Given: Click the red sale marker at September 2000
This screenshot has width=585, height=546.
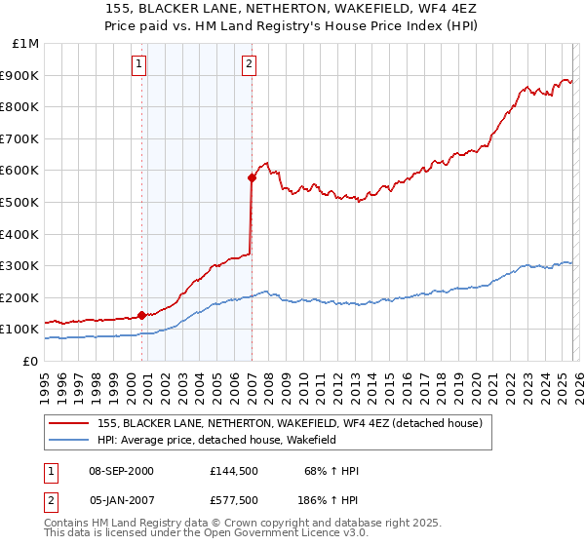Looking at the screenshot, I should point(141,315).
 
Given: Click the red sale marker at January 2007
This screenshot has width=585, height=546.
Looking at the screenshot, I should point(252,177).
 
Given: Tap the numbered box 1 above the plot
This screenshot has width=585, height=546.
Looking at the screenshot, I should point(140,65).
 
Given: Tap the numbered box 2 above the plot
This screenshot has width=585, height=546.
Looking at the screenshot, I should point(250,65).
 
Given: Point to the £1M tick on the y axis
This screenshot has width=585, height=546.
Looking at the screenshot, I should point(26,44).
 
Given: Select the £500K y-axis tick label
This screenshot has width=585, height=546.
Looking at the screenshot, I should point(21,202).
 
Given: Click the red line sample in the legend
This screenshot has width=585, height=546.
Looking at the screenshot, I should point(69,423).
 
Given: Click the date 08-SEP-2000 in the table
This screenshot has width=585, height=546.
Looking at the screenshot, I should point(121,471).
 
